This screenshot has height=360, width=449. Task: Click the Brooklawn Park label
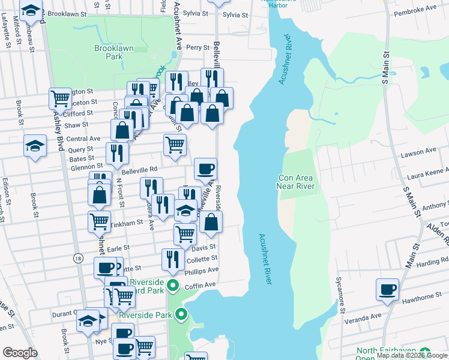[x=109, y=52]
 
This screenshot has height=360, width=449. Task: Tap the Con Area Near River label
[x=297, y=182]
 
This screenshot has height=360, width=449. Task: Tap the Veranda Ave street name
[x=364, y=316]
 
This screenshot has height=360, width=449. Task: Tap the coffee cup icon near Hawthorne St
[x=387, y=290]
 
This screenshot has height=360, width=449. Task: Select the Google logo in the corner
[x=20, y=352]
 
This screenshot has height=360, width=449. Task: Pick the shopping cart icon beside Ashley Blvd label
[x=60, y=98]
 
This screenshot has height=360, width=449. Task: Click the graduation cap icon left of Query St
[x=35, y=145]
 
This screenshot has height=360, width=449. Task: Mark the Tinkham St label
[x=129, y=222]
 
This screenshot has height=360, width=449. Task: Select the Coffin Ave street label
[x=203, y=284]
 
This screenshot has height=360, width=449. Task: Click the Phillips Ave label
[x=201, y=271]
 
